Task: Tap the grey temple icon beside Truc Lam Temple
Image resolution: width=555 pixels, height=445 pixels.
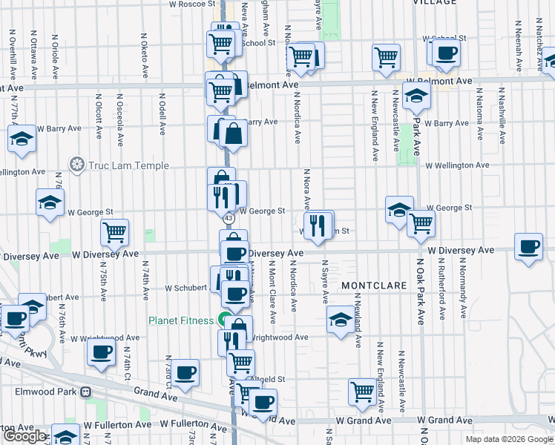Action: [76, 164]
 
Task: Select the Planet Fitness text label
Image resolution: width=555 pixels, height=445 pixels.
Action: [182, 321]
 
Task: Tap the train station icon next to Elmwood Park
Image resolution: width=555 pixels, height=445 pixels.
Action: [86, 392]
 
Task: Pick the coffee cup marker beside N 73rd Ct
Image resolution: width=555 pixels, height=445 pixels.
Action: [185, 372]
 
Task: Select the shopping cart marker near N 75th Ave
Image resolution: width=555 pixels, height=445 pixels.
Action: [115, 232]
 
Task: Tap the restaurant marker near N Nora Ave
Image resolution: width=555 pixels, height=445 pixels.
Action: [318, 225]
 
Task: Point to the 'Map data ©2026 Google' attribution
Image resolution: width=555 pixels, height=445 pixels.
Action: [509, 439]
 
